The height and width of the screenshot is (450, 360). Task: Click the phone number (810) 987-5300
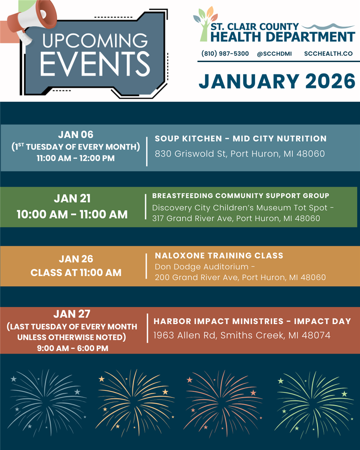tap(225, 54)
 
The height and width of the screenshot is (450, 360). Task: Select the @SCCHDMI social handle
tap(274, 54)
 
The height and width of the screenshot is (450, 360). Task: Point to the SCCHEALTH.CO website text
tap(328, 54)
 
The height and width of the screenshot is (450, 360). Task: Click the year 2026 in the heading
tap(330, 81)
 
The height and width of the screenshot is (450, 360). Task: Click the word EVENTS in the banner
tap(95, 64)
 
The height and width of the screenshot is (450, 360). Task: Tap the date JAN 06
tap(76, 135)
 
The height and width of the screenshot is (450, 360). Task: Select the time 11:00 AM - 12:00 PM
tap(76, 158)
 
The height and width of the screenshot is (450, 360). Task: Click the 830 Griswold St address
tap(240, 154)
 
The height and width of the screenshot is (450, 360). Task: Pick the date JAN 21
tap(72, 198)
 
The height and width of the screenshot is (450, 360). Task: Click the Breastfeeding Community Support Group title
tap(241, 196)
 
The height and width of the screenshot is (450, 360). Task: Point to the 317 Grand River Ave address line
tap(236, 218)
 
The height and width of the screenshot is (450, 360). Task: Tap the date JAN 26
tap(76, 259)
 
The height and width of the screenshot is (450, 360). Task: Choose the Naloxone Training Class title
tap(219, 256)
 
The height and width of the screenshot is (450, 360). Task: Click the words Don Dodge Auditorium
tap(202, 267)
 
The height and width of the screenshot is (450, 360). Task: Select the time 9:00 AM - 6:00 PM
tap(72, 348)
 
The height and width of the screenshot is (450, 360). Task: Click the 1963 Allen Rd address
tap(242, 335)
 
